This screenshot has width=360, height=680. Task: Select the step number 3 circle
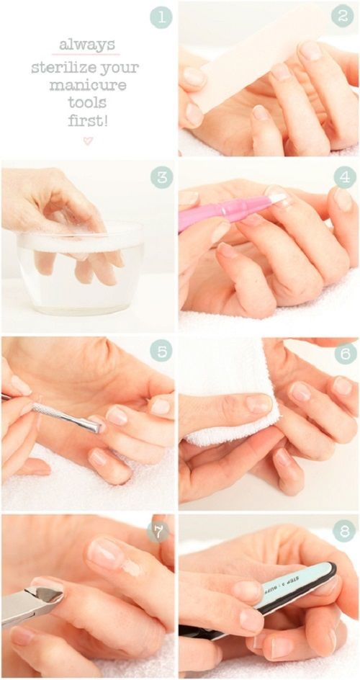click(x=162, y=177)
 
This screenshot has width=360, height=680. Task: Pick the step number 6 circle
click(x=344, y=352)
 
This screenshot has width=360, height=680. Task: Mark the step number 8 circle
click(x=344, y=532)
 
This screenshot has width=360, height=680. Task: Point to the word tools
click(x=88, y=103)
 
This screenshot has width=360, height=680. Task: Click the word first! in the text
click(x=88, y=120)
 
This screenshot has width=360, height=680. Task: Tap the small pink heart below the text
click(x=88, y=140)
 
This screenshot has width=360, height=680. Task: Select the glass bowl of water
click(x=81, y=267)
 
